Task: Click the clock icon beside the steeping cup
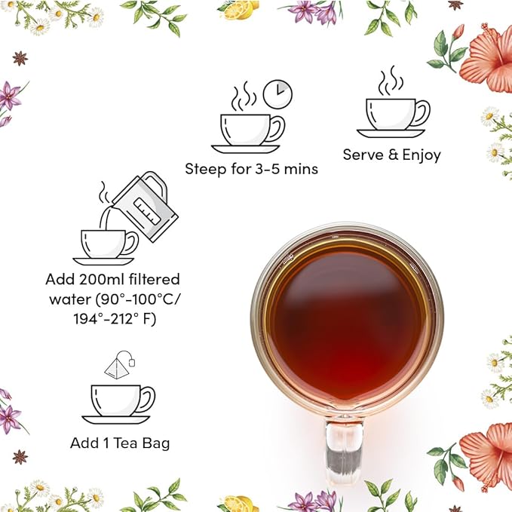[277, 94]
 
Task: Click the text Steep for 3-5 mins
[251, 169]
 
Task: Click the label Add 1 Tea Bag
[120, 443]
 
